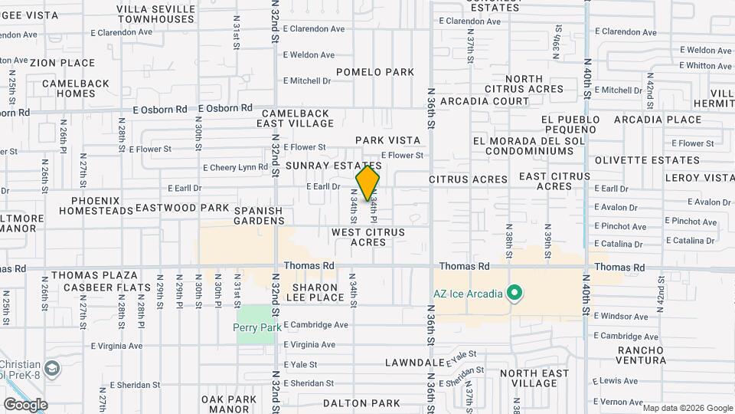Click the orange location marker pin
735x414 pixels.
367,184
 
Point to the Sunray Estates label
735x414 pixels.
333,166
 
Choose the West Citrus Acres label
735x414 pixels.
367,237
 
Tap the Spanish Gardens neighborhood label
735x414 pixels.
259,215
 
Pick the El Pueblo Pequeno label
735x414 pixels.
568,125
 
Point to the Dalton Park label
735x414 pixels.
361,403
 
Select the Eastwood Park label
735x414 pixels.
182,208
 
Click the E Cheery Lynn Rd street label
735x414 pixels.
235,168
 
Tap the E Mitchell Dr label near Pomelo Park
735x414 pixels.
306,80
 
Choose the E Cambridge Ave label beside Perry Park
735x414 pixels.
315,325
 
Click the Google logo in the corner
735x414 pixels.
25,405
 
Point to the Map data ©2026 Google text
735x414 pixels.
688,408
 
